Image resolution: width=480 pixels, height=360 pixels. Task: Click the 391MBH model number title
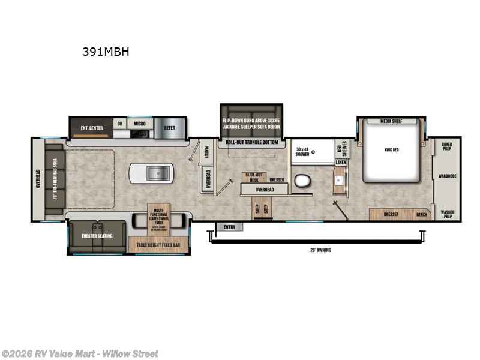coord(106,52)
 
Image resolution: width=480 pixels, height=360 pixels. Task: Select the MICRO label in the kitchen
coord(140,124)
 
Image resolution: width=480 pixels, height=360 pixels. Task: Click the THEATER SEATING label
coord(97,236)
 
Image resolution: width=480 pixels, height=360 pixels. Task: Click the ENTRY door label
coord(229,227)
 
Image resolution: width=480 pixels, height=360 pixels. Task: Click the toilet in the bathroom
coord(302,181)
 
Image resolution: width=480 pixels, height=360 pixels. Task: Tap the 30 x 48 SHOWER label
coord(302,151)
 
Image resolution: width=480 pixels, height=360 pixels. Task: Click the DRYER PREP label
coord(446,146)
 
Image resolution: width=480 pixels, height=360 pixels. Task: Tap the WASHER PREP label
coord(446,214)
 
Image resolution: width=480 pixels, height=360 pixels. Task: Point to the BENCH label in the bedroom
coord(422,214)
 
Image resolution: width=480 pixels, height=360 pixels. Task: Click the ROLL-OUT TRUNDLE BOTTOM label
coord(251,142)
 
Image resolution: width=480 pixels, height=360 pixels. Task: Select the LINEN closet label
coord(340,163)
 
